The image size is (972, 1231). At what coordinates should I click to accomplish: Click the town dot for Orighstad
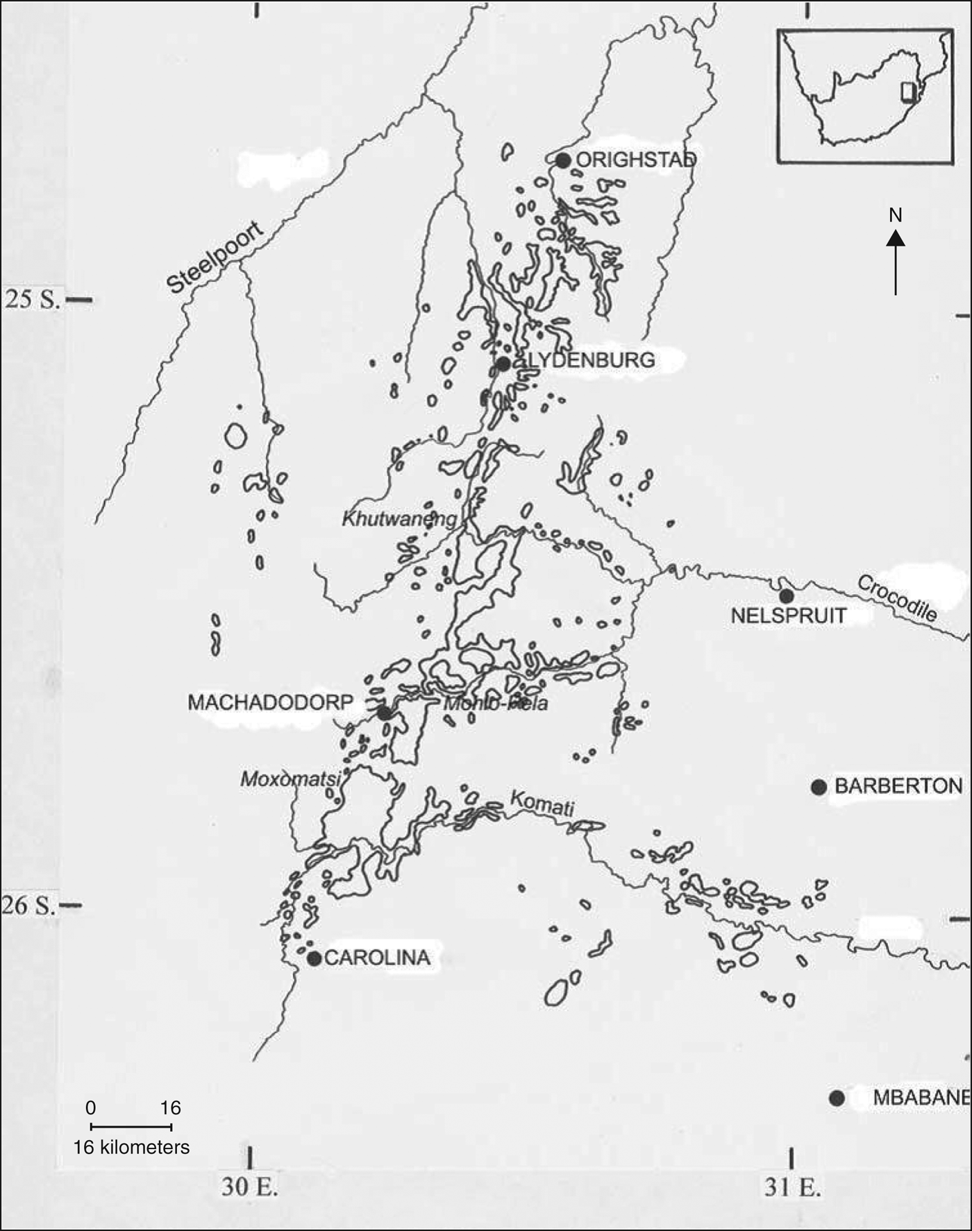click(x=563, y=160)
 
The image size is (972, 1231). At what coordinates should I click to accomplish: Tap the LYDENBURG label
click(x=592, y=360)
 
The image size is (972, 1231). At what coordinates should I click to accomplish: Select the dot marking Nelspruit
click(x=786, y=596)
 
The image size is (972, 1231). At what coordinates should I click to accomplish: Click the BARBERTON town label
click(x=898, y=786)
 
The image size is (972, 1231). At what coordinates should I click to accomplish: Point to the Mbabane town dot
click(x=837, y=1098)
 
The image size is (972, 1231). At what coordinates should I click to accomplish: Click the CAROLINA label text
click(x=377, y=958)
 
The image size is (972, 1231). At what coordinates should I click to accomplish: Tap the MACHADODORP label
click(x=270, y=702)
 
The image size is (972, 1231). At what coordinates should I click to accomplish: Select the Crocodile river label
click(x=897, y=598)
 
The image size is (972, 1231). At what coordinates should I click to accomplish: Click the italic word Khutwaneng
click(x=399, y=519)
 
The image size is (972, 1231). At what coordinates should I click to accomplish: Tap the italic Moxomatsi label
click(x=290, y=779)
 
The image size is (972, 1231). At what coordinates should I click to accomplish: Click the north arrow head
click(x=896, y=239)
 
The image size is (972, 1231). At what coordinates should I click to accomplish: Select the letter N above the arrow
click(x=896, y=215)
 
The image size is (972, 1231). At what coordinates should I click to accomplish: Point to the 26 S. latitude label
click(x=28, y=905)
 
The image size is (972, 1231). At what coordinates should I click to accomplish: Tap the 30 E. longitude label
click(x=250, y=1187)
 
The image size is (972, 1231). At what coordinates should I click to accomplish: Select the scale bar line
click(x=131, y=1126)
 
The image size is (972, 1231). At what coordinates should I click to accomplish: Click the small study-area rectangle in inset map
click(x=907, y=92)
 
